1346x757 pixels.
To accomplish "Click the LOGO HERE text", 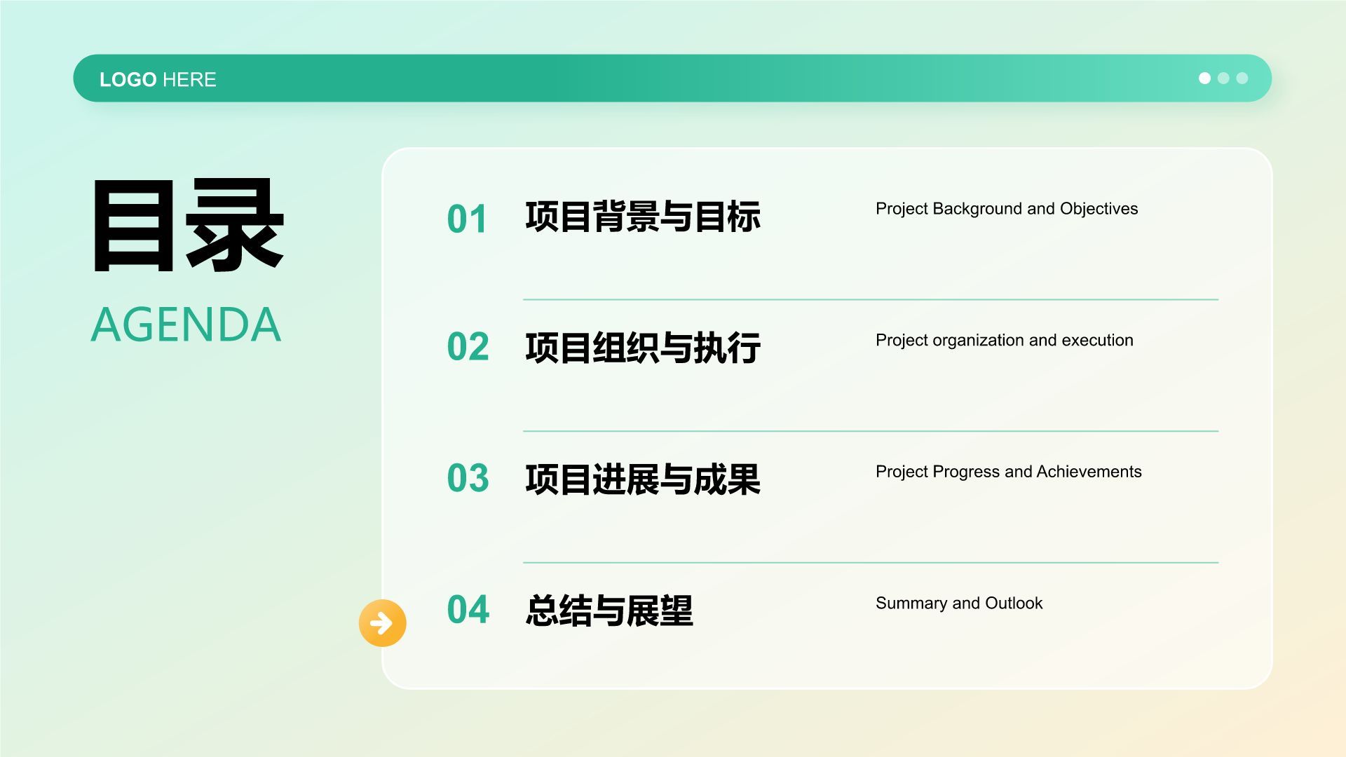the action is coord(158,79).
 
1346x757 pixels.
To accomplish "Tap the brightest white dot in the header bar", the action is coord(1204,78).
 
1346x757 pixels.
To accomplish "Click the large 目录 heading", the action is coord(188,225).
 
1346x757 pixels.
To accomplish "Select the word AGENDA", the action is coord(186,325).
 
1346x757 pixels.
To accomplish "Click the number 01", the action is coord(467,219).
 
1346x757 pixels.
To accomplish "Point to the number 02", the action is coord(468,346).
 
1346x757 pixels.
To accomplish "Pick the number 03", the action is coord(468,478).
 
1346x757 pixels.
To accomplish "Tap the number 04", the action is coord(468,609).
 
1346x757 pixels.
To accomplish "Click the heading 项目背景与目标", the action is coord(643,217).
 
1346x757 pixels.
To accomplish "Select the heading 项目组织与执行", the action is coord(643,348).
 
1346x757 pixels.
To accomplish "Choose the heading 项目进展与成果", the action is coord(643,479).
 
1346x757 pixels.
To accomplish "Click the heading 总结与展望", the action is coord(609,611).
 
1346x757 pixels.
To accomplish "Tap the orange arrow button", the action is coord(382,622).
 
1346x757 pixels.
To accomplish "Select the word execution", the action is coord(1097,340).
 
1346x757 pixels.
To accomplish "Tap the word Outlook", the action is coord(1014,603).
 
